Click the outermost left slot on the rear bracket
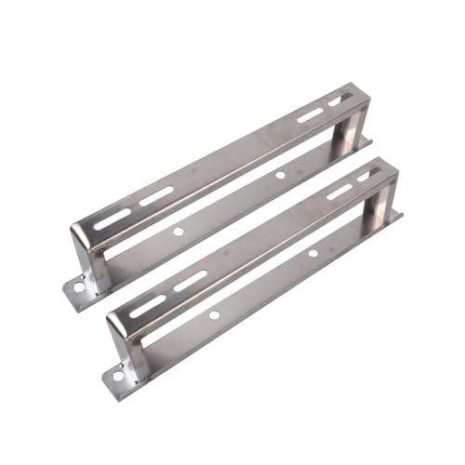point(113,219)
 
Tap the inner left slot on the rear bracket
point(156,196)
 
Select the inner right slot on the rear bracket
point(310,115)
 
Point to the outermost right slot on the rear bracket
point(340,99)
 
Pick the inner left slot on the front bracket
point(190,281)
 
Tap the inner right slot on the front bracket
point(339,192)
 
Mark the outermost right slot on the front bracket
point(369,174)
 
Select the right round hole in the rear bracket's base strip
point(279,175)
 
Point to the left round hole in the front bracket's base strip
point(214,314)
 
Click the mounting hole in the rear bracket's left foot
point(78,287)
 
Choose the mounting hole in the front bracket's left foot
point(118,378)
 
